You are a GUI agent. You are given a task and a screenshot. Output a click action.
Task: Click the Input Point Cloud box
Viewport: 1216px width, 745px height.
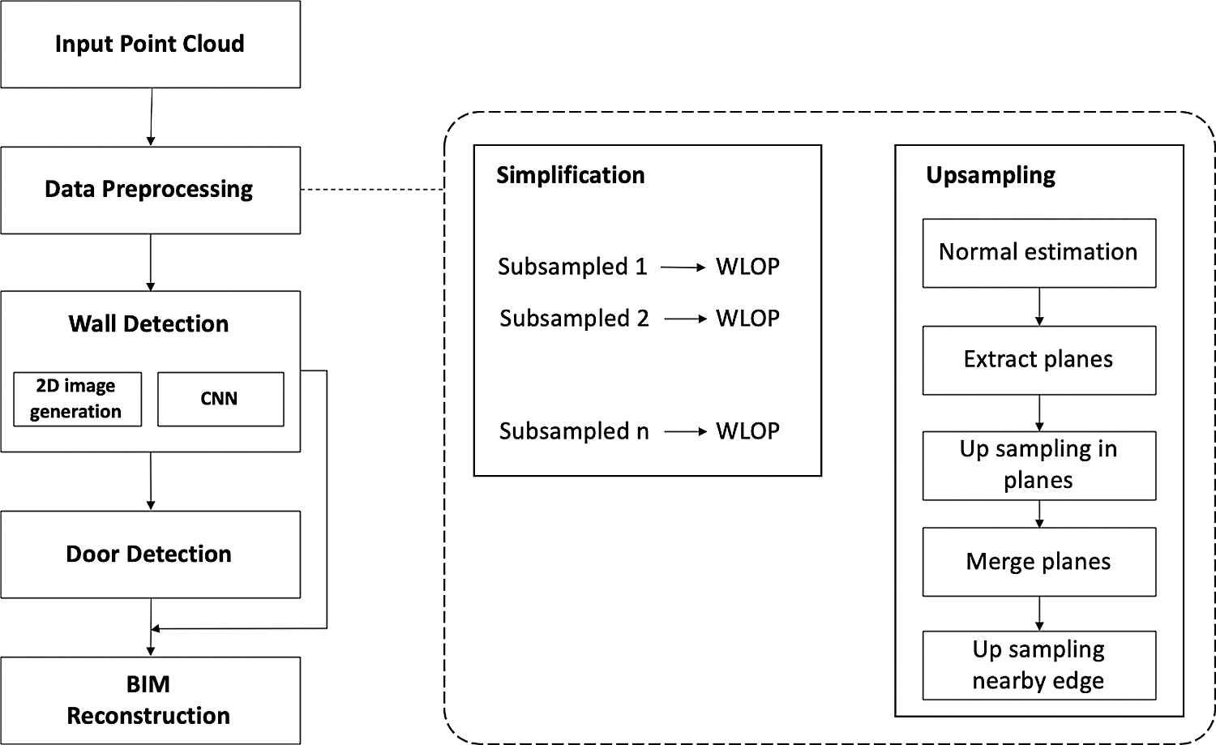(x=150, y=44)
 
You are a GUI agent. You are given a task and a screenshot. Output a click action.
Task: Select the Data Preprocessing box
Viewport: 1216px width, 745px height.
(x=150, y=190)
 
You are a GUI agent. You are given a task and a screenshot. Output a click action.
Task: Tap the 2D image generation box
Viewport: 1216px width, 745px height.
(x=77, y=399)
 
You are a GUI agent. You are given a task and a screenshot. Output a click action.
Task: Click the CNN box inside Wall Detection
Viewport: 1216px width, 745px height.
(x=220, y=399)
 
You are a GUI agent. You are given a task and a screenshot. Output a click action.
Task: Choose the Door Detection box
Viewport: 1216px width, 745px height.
(x=150, y=554)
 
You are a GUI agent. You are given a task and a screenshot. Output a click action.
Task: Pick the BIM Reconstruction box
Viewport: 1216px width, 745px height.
(x=150, y=700)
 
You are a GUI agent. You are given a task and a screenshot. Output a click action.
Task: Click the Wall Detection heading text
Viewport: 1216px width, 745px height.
(x=148, y=323)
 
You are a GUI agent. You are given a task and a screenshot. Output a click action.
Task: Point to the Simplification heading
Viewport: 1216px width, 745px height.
(x=570, y=175)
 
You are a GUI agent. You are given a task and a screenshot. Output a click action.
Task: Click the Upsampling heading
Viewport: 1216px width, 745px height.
(x=990, y=175)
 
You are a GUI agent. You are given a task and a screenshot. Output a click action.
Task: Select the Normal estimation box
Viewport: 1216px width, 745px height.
(x=1038, y=252)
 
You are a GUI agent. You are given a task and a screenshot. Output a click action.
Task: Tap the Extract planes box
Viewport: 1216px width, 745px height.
(x=1038, y=360)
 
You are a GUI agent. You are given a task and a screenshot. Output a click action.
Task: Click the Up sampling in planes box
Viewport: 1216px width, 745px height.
(x=1038, y=465)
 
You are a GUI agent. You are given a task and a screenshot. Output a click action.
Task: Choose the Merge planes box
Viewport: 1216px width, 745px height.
(x=1038, y=562)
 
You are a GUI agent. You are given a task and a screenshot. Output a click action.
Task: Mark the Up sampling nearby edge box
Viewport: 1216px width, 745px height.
(x=1038, y=666)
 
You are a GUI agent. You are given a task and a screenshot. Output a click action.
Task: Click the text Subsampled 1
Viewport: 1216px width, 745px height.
(x=572, y=267)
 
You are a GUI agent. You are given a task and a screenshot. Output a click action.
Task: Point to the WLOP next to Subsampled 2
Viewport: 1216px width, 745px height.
(x=747, y=319)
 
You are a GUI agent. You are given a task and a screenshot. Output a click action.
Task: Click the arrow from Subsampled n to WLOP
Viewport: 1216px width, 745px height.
(x=685, y=432)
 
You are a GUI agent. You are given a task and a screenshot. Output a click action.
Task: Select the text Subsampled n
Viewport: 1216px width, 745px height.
(x=574, y=431)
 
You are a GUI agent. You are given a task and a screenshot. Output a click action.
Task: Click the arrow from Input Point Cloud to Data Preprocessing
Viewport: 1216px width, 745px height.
(x=151, y=117)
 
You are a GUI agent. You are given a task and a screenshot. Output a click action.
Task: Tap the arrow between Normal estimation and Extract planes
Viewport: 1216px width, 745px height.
(x=1039, y=307)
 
